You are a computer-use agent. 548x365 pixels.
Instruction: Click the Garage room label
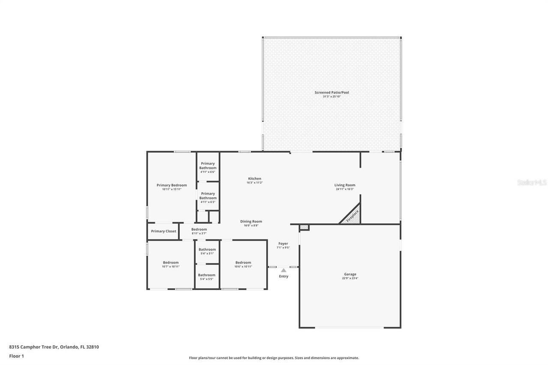coord(350,274)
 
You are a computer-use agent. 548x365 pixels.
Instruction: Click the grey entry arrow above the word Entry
coord(283,270)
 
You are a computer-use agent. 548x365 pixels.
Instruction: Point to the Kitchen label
coord(254,178)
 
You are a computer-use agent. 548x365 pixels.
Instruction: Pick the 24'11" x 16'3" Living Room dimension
coord(345,189)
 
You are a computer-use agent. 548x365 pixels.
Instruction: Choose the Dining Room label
coord(251,221)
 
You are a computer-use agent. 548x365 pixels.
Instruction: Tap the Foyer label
coord(283,243)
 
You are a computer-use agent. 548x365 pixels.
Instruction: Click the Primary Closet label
coord(164,231)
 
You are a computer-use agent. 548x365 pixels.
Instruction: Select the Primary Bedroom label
coord(172,185)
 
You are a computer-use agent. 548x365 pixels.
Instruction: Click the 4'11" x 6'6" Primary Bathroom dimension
coord(208,172)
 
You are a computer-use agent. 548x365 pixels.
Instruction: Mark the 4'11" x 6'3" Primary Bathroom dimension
coord(208,202)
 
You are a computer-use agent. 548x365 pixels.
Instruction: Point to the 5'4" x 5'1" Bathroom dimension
coord(207,253)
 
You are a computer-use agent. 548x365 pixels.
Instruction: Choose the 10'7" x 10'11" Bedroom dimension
coord(170,267)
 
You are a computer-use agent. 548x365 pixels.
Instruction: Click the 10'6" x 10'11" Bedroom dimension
coord(243,267)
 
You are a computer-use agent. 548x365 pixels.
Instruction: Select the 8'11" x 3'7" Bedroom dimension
coord(199,234)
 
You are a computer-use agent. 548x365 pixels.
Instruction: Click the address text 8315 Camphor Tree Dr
coord(34,347)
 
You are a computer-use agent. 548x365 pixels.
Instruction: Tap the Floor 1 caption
coord(16,356)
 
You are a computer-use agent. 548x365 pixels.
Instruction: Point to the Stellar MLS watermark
coord(532,182)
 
